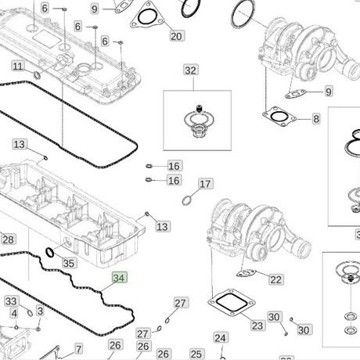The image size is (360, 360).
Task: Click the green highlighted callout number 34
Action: [120, 278]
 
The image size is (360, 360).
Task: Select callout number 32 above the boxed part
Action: [190, 70]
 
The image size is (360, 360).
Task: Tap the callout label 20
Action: [176, 36]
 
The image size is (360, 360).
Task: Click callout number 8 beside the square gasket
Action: [316, 119]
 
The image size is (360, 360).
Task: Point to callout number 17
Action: [206, 184]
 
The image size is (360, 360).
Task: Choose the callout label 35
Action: [69, 263]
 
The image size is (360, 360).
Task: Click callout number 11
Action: [18, 67]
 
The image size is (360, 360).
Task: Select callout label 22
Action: [276, 279]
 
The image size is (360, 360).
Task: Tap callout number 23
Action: [257, 326]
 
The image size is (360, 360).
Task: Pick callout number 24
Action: [221, 338]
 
